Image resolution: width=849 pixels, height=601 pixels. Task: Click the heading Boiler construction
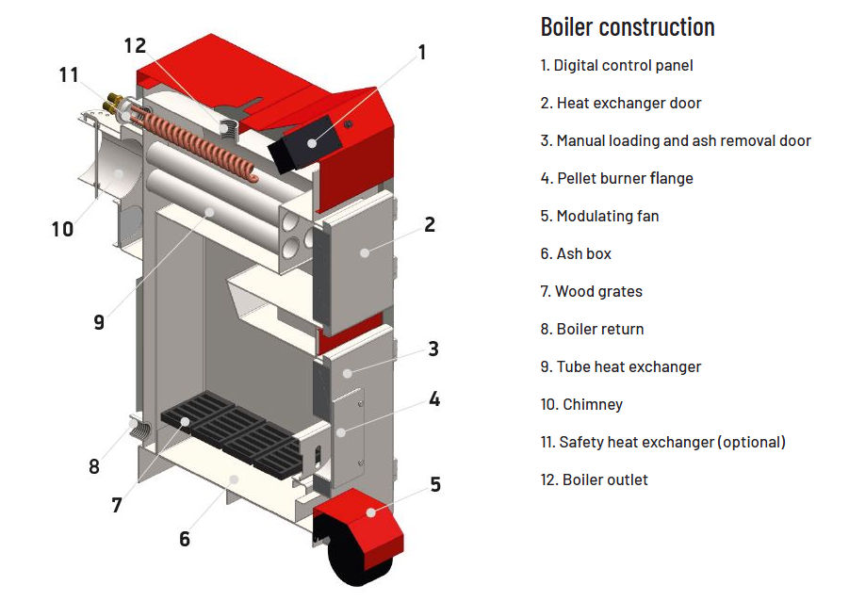pos(627,26)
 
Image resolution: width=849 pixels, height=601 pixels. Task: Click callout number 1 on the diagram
pos(422,52)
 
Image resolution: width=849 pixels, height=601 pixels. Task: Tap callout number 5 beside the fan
pos(435,484)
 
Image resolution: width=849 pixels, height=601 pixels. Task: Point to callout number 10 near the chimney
pos(62,229)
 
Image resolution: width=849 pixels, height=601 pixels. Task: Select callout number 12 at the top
pos(135,45)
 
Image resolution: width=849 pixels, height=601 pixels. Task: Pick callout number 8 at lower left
pos(93,465)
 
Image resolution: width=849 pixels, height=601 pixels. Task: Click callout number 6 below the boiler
pos(185,539)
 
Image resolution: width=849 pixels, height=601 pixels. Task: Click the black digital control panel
pos(303,144)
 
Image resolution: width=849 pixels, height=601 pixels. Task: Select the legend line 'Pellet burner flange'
pos(616,178)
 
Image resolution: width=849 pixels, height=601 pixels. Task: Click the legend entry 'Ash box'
pos(576,253)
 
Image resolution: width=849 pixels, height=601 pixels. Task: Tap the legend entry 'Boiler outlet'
pos(594,479)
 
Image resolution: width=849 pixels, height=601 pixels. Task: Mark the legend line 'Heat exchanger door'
pos(621,103)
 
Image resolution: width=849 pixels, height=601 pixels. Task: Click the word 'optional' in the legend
pos(749,442)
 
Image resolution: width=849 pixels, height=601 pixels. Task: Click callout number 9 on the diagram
pos(99,321)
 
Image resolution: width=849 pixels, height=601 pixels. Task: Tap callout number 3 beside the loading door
pos(433,349)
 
